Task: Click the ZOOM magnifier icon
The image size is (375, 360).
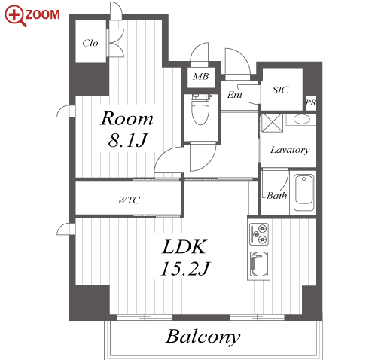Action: coord(16,16)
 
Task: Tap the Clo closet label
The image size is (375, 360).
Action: coord(90,43)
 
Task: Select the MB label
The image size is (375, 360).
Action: coord(201,76)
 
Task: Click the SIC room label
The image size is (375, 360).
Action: coord(281,90)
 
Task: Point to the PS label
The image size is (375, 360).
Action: coord(310,102)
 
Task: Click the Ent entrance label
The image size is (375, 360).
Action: coord(235,95)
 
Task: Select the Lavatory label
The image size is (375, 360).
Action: coord(290,150)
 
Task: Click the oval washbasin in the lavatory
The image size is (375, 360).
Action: coord(301,119)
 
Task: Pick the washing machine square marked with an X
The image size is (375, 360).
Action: coord(272,123)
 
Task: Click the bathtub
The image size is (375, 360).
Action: coord(304,193)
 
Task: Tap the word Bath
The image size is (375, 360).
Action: coord(276,195)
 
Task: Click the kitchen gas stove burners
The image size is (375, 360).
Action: coord(259,234)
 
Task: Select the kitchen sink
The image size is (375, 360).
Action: coord(259,264)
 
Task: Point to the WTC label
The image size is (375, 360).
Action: coord(129,200)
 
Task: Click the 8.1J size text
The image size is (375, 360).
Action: coord(127,140)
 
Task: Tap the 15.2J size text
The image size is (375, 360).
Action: coord(185,269)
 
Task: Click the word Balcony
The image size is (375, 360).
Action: coord(203,337)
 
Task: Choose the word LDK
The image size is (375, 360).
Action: coord(184,246)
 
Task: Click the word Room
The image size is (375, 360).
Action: coord(127,118)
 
